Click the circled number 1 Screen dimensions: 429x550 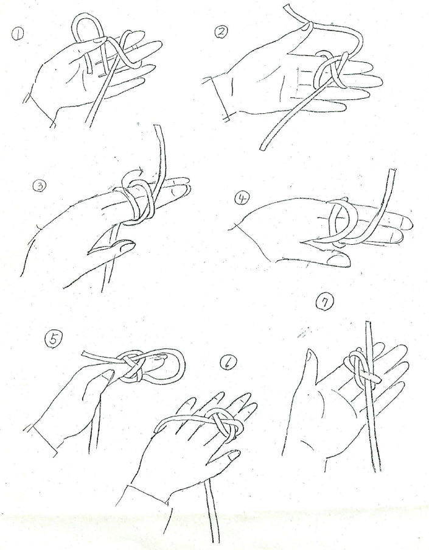pos(18,34)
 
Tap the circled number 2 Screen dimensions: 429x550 pos(221,32)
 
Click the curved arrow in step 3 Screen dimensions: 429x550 pos(133,173)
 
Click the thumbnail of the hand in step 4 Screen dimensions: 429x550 pos(338,260)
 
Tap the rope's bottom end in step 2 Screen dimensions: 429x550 pos(262,147)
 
